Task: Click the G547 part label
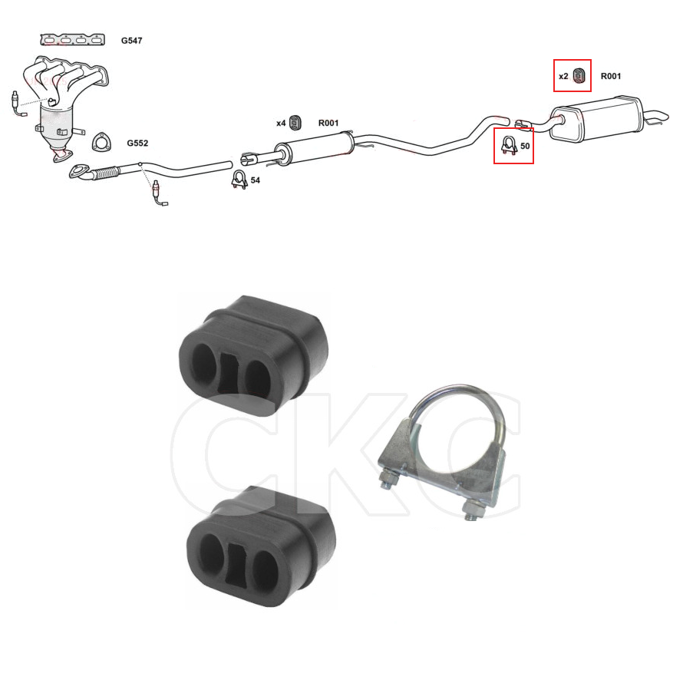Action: (x=131, y=41)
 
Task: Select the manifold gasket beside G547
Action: (x=73, y=40)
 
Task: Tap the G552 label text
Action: (x=137, y=143)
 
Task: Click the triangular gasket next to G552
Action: (x=101, y=142)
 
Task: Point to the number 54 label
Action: (x=256, y=180)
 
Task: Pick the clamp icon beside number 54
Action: (x=239, y=179)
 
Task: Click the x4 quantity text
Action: (x=281, y=124)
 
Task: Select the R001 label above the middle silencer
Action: (x=328, y=123)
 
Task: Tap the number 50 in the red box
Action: (x=525, y=146)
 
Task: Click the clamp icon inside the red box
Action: (x=510, y=145)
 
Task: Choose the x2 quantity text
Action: (x=563, y=76)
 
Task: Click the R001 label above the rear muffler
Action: (x=611, y=76)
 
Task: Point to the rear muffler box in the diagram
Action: (x=596, y=117)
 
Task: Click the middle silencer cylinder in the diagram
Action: (x=314, y=148)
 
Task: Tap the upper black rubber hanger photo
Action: (x=254, y=355)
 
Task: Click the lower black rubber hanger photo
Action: (x=260, y=546)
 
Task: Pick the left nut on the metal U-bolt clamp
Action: (x=388, y=478)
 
